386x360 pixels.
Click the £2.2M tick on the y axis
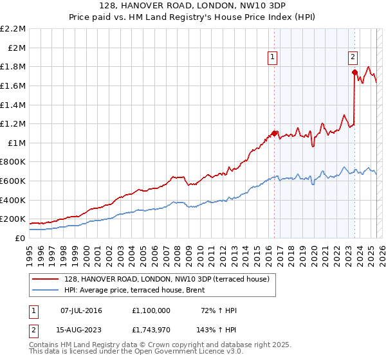point(13,29)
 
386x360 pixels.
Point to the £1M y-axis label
point(16,143)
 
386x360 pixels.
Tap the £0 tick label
point(19,238)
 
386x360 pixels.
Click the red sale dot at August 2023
point(354,72)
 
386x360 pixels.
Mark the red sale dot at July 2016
point(274,133)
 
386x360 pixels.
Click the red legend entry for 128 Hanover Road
point(161,278)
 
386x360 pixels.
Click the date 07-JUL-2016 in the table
point(82,310)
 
